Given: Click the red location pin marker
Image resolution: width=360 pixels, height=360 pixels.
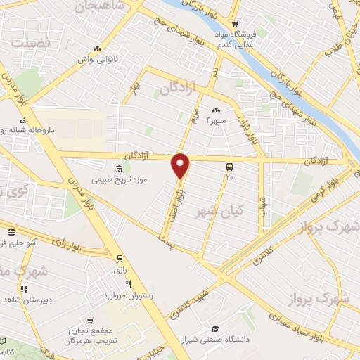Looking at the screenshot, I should pos(181,165).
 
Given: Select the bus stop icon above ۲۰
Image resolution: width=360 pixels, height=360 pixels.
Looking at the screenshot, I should pos(229,167).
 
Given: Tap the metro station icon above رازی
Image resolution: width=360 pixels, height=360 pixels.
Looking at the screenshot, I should pos(119,259).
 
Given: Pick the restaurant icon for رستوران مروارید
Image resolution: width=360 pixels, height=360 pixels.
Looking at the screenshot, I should pos(128,284).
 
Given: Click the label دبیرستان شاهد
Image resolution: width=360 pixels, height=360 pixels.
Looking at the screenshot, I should pos(25,300).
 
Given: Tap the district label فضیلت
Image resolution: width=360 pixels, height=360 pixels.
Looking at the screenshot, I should pos(32,44).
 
